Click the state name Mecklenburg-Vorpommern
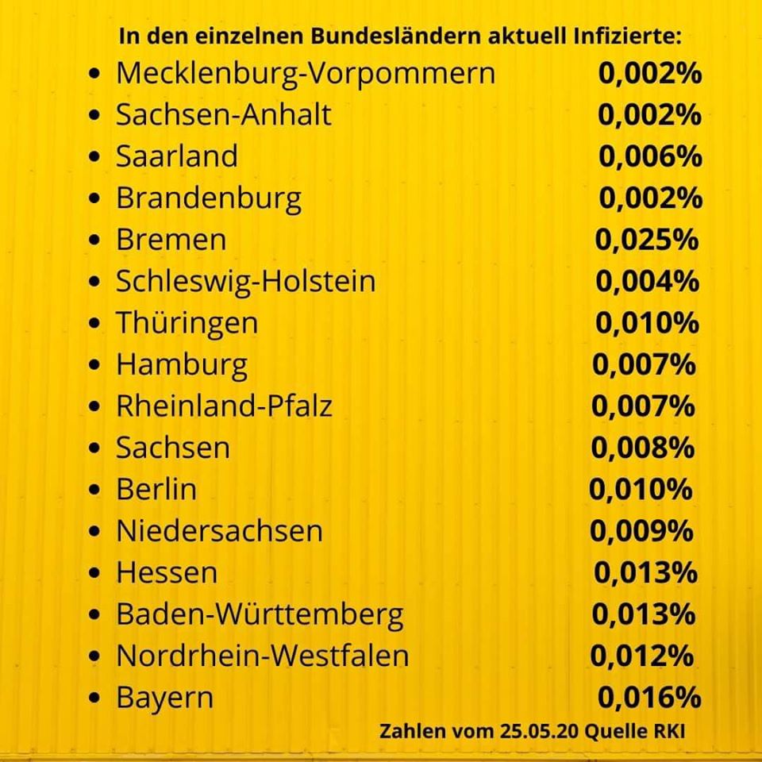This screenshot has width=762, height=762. coord(306,74)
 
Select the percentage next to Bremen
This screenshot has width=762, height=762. coord(647,240)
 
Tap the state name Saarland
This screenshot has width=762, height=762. coord(177,156)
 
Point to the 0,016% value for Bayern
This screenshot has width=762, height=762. coord(649,698)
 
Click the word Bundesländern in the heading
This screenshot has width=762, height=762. coord(396,37)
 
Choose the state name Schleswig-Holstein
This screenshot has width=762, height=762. coord(246,281)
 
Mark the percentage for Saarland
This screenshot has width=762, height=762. coord(650,156)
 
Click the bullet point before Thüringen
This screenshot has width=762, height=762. coord(94,323)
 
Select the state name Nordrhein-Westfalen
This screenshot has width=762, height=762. coord(263,656)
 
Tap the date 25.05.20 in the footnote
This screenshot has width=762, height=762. coord(538,731)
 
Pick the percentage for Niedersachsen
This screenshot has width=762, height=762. coord(641,531)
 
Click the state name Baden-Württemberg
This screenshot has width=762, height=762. coord(260,614)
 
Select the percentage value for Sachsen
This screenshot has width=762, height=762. coord(642,448)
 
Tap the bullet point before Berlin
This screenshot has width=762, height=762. coord(94,490)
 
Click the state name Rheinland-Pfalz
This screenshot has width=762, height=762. coord(224,406)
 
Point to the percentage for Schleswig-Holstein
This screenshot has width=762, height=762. coord(648,281)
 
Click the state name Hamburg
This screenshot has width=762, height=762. coord(182,365)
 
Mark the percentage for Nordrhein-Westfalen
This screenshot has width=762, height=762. coord(642,656)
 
